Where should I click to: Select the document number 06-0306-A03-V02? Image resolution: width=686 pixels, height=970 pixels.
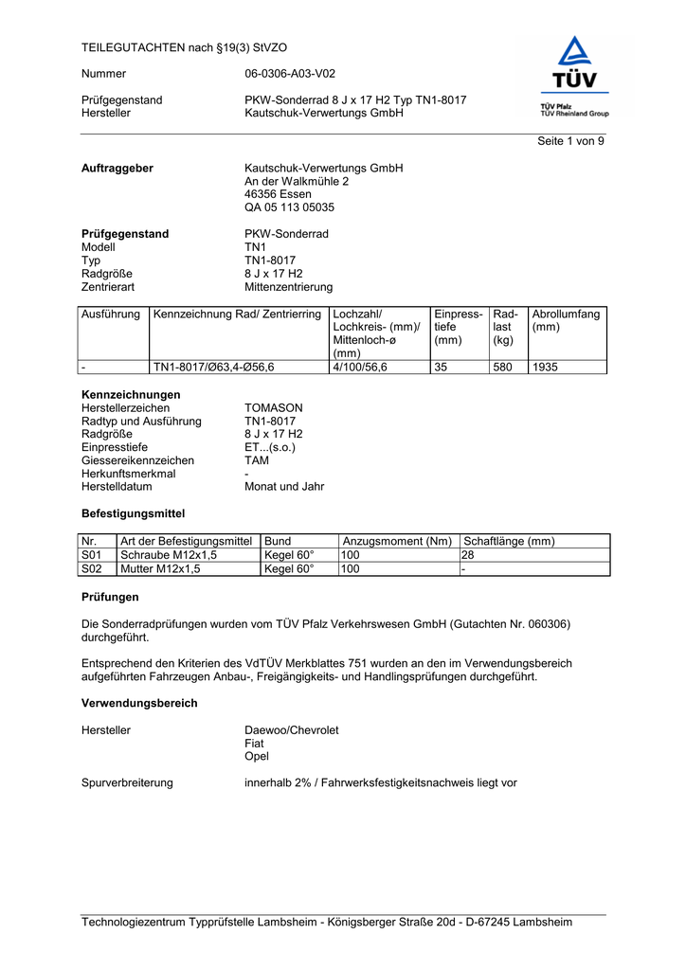click(290, 73)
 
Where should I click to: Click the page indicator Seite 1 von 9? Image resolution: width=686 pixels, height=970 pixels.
click(570, 141)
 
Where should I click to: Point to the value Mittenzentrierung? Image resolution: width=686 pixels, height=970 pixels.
click(288, 287)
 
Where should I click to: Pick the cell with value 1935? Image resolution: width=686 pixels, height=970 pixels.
click(545, 367)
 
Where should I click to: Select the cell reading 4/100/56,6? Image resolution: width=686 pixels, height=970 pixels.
click(360, 367)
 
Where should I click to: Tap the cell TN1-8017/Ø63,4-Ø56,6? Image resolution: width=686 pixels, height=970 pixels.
click(213, 367)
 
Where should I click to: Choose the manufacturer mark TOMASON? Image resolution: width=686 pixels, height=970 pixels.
click(274, 408)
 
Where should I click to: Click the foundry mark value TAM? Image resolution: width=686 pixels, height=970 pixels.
click(257, 460)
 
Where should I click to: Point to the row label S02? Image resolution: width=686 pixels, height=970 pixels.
click(92, 569)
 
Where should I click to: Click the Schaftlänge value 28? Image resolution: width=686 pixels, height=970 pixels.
click(467, 555)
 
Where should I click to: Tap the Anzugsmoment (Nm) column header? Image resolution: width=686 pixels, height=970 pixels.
click(397, 541)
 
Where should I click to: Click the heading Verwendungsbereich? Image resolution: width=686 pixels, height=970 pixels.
click(139, 704)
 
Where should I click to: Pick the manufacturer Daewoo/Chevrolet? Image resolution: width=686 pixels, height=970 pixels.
click(291, 730)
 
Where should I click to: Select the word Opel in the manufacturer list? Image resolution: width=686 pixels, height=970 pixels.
click(257, 757)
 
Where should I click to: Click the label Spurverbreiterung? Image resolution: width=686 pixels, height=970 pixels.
click(127, 783)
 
